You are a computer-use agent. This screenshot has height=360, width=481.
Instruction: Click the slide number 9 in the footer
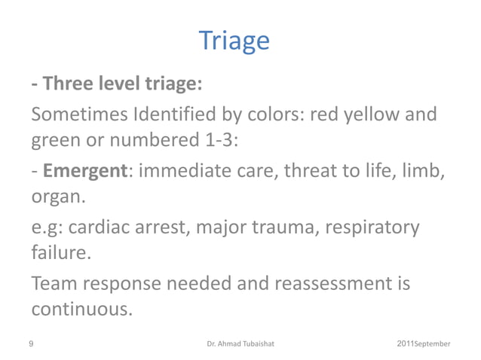coord(30,343)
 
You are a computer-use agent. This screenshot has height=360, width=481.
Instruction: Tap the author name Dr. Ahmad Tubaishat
coord(240,344)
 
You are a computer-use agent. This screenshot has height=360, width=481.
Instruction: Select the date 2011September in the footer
coord(423,343)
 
